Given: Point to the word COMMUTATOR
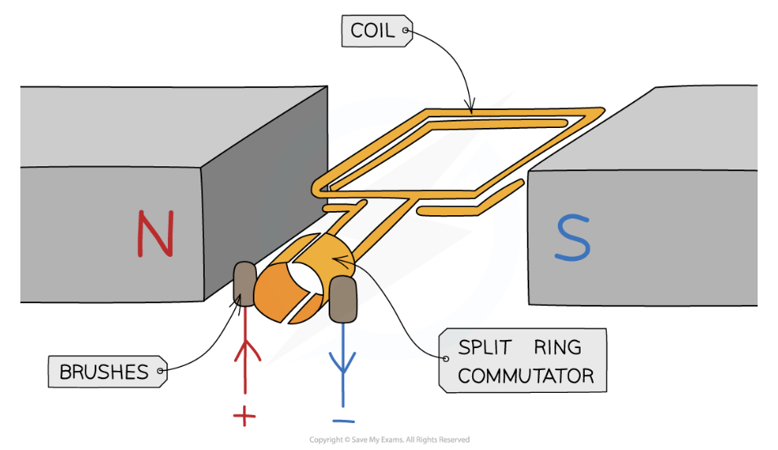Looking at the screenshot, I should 525,376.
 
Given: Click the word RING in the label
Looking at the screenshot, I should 558,347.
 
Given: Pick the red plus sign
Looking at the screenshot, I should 244,417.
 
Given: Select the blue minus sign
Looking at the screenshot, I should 343,421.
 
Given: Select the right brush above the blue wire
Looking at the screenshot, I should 343,298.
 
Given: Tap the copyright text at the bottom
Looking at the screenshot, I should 389,440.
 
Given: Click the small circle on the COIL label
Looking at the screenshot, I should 405,33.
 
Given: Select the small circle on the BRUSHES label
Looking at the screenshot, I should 161,372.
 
